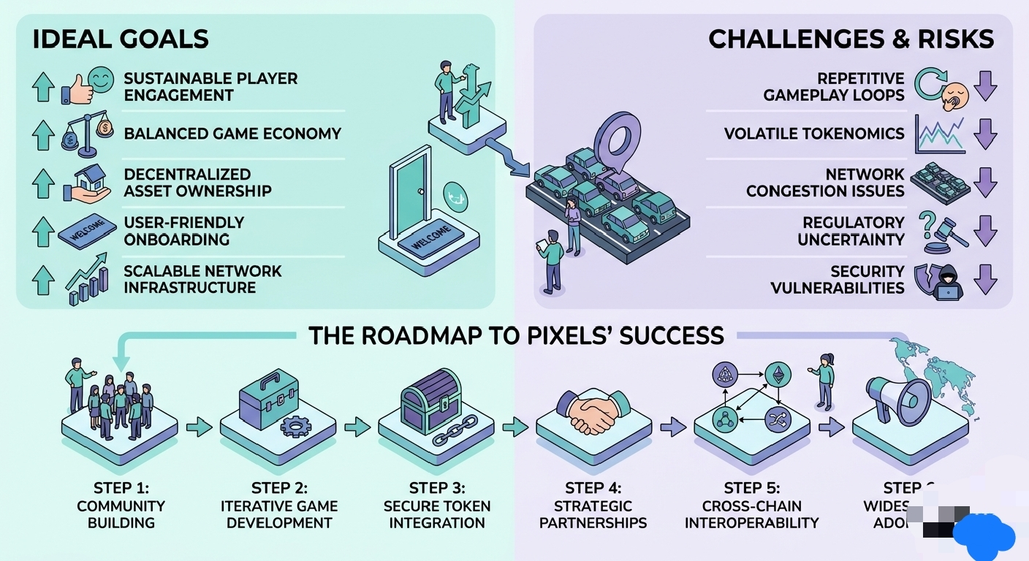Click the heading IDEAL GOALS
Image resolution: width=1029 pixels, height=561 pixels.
coord(121,39)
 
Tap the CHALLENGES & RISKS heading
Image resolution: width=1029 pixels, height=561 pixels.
coord(851,39)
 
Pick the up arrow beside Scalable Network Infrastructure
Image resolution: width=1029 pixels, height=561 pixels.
coord(43,280)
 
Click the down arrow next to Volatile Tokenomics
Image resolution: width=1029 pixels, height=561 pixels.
coord(985,134)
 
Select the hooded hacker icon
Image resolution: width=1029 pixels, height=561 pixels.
coord(949,280)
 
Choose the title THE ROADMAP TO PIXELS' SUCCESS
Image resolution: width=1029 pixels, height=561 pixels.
coord(516,335)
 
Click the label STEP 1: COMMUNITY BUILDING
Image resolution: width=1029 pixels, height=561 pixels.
coord(121,505)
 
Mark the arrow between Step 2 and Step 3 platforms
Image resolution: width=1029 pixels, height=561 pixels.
coord(357,427)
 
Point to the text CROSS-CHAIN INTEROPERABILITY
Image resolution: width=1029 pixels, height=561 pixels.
coord(751,514)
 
